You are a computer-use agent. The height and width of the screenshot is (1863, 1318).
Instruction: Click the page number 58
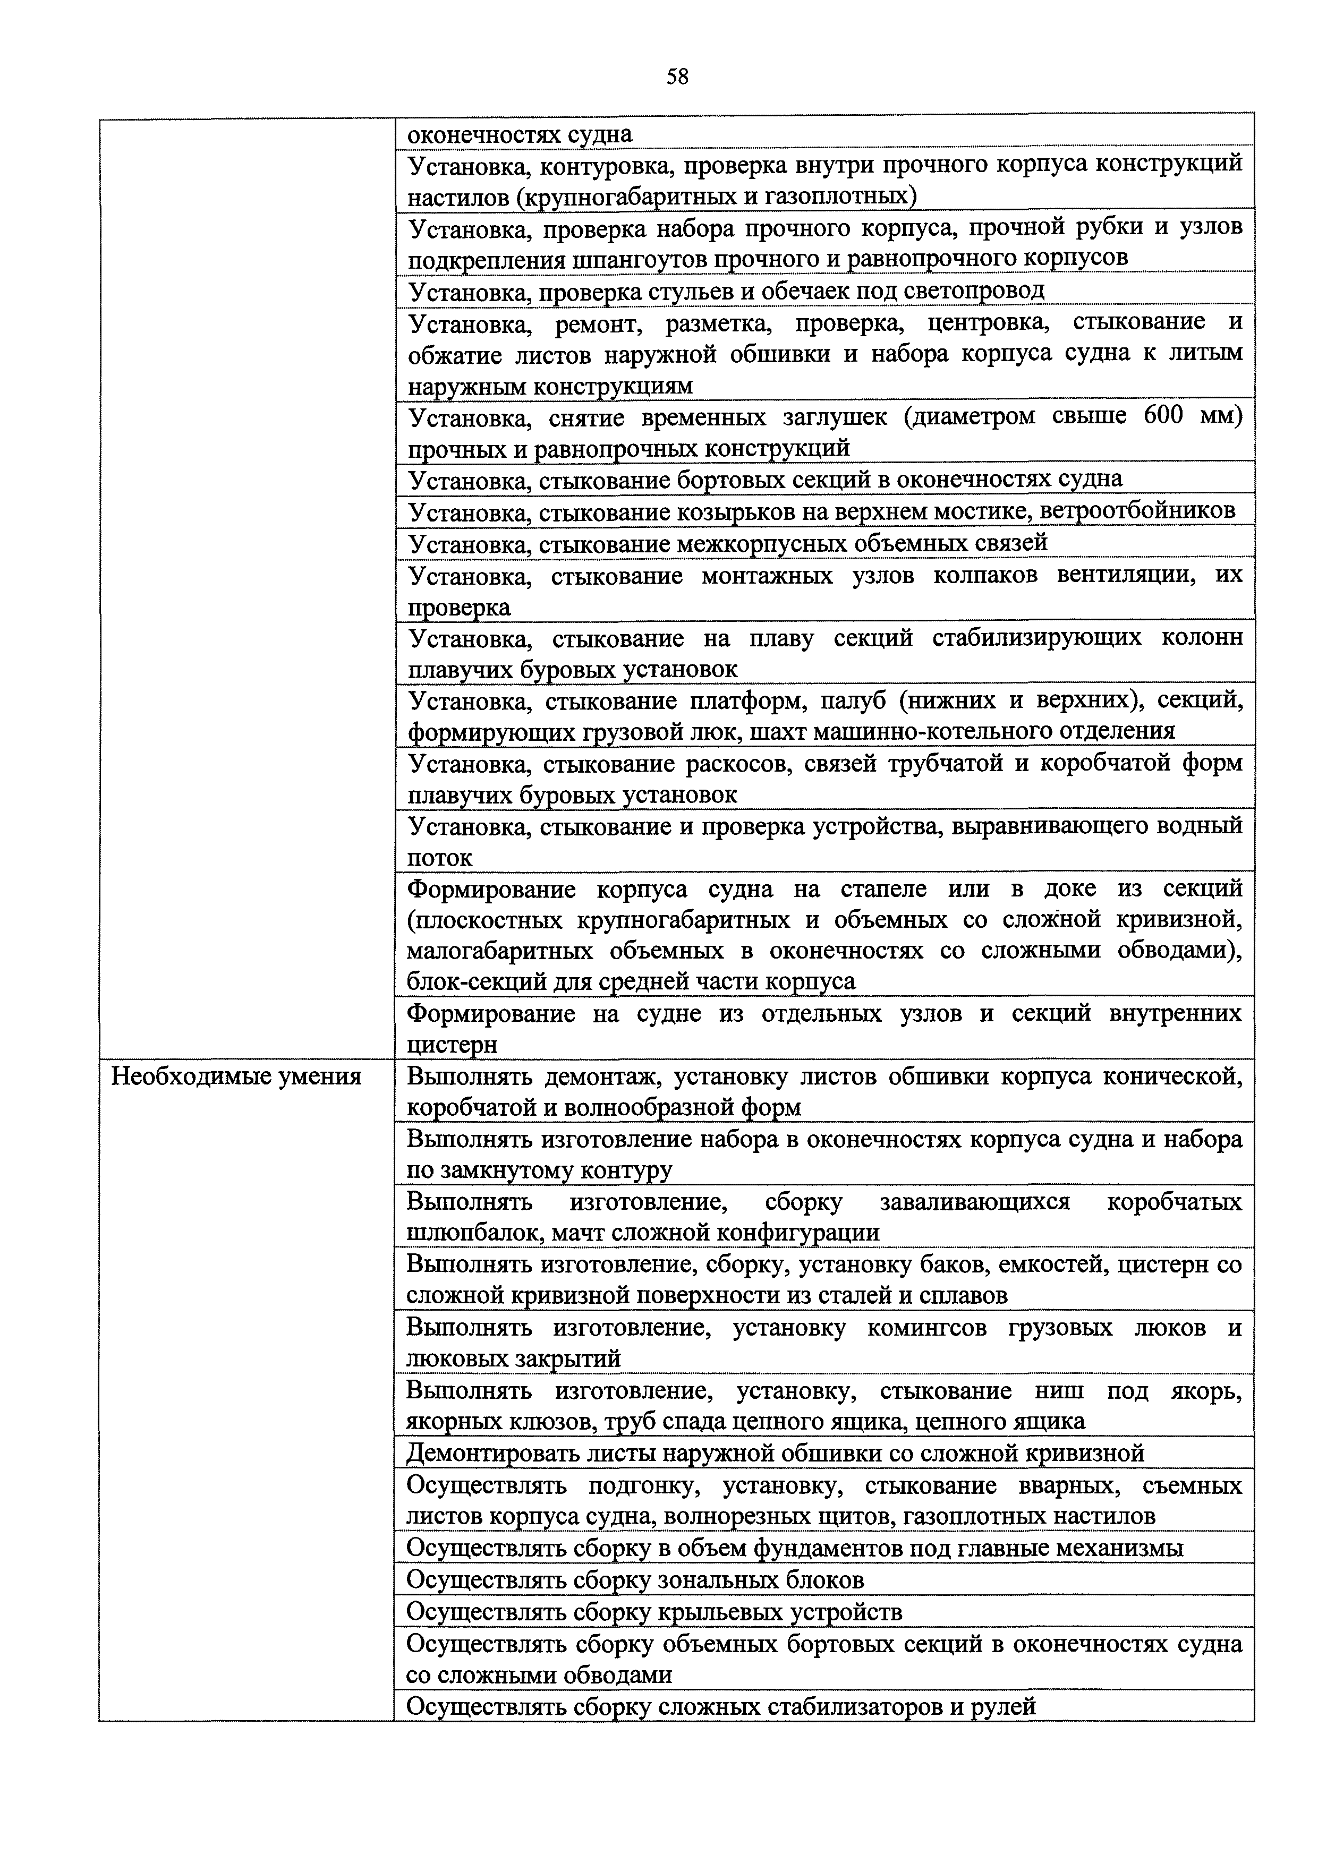[677, 77]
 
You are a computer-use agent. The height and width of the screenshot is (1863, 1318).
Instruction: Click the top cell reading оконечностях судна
[520, 134]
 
